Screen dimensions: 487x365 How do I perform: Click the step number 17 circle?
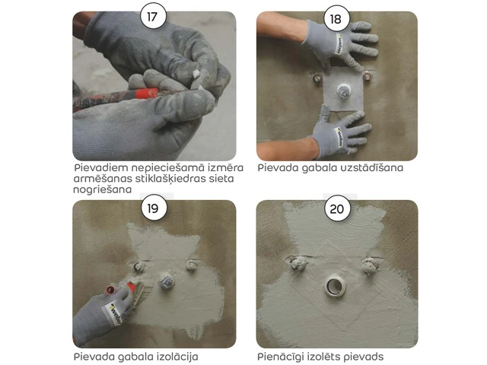153,16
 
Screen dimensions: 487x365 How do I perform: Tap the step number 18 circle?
336,18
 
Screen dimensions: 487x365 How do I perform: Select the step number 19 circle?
154,208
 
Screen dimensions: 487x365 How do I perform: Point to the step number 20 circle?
337,208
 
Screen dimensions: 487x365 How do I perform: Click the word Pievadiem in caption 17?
101,168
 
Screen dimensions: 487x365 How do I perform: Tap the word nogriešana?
103,189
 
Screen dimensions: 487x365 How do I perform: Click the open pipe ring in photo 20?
336,286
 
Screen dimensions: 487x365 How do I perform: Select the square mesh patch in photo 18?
343,90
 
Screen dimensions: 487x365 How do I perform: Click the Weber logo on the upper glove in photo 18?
339,44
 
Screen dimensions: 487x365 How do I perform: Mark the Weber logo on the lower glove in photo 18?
339,137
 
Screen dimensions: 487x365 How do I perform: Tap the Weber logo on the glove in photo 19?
114,314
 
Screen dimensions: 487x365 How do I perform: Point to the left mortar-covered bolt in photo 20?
298,264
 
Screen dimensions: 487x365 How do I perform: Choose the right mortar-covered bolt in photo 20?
370,265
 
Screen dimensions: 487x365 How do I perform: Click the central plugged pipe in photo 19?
167,281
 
